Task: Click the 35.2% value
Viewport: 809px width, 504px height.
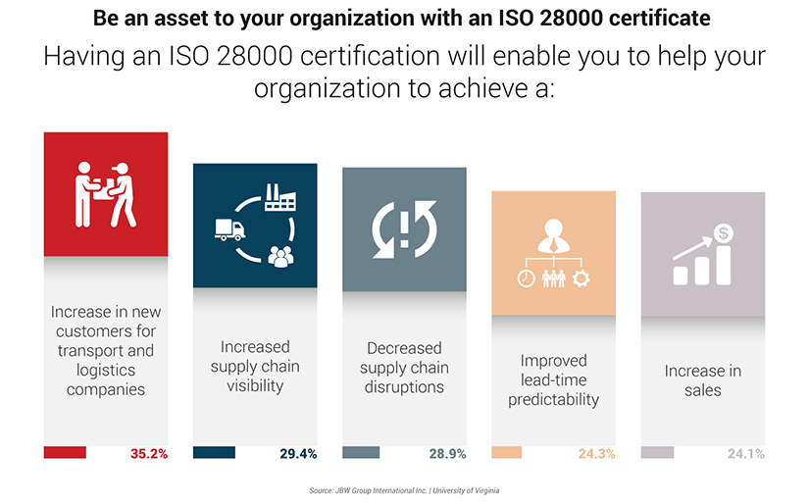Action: (x=149, y=454)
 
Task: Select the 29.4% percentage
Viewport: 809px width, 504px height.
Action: (x=298, y=454)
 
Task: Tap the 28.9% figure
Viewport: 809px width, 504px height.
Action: (x=447, y=454)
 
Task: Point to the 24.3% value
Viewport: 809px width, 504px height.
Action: (x=596, y=454)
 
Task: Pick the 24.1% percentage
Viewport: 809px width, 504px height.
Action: (x=745, y=454)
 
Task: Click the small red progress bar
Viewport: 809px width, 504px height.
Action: (x=65, y=453)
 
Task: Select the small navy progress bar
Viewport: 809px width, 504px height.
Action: (x=214, y=453)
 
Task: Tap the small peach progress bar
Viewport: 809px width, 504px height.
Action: (x=506, y=453)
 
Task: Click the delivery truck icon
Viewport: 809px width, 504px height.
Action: (x=228, y=229)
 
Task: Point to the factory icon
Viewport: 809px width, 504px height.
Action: (x=280, y=200)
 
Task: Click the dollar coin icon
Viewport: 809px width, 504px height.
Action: (x=724, y=233)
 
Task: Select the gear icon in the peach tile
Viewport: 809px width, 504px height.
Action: (x=581, y=277)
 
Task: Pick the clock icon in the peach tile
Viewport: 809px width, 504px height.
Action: (x=526, y=277)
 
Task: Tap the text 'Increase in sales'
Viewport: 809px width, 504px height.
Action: (x=703, y=380)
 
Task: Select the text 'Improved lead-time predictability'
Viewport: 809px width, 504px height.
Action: (x=553, y=379)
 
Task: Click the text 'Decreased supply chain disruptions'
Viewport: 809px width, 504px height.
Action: (x=404, y=368)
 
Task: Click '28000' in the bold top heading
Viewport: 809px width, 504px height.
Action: (x=509, y=18)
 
